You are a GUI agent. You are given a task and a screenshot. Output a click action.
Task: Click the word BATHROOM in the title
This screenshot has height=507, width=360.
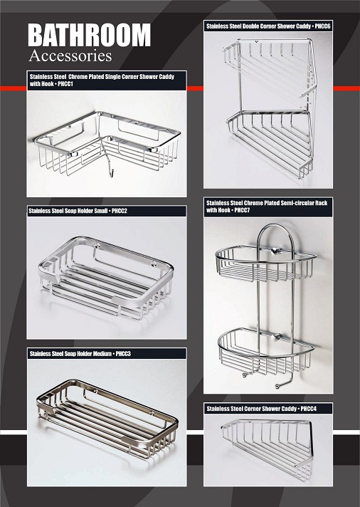[x=89, y=35]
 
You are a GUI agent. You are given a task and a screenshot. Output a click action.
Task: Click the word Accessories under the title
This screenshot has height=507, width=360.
[x=70, y=56]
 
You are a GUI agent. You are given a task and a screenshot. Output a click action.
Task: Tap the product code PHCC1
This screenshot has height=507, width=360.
[x=65, y=84]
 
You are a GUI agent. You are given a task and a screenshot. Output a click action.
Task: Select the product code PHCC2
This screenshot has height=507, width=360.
[x=120, y=211]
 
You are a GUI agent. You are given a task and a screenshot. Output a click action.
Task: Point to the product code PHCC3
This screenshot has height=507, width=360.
[x=123, y=354]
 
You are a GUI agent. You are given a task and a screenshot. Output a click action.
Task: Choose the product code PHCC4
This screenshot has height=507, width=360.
[x=309, y=409]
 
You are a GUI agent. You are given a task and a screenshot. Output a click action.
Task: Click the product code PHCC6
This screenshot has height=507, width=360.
[x=322, y=26]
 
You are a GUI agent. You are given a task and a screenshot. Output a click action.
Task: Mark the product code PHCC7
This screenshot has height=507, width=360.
[x=242, y=210]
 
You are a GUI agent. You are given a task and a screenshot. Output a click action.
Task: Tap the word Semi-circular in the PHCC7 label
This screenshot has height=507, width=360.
[x=293, y=203]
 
